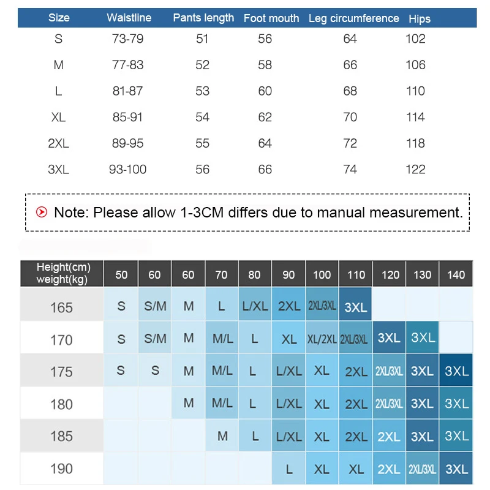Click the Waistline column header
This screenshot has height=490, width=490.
[x=129, y=18]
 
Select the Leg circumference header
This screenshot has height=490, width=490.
[x=353, y=18]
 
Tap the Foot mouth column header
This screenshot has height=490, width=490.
[x=271, y=18]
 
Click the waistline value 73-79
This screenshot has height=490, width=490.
[x=127, y=39]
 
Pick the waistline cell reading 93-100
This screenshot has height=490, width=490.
[x=127, y=170]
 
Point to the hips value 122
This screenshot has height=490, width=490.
[x=415, y=170]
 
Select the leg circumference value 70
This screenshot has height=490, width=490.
[x=350, y=117]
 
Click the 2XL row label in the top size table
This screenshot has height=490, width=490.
[x=59, y=143]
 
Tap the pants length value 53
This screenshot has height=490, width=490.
[x=202, y=91]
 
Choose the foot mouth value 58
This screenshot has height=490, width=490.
[x=265, y=65]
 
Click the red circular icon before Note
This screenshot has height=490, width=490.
[x=42, y=213]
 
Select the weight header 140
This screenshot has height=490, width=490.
[x=456, y=274]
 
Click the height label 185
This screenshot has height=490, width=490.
[x=61, y=437]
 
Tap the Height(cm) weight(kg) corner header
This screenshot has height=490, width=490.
[x=62, y=274]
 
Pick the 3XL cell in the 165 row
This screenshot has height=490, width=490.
[x=356, y=307]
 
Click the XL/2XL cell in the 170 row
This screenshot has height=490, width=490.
[x=322, y=339]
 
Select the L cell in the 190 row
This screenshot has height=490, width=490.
[x=289, y=470]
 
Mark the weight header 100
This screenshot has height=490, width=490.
[x=322, y=274]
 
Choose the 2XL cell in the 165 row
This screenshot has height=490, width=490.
[x=289, y=307]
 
